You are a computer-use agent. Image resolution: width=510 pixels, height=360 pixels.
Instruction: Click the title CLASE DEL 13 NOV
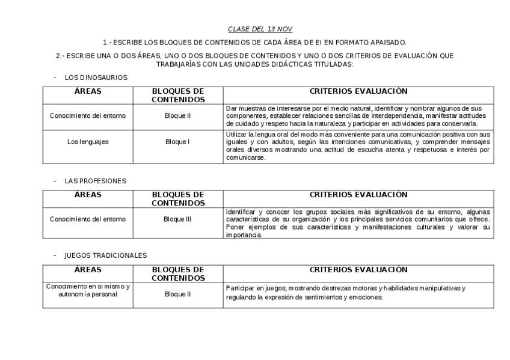tap(260, 29)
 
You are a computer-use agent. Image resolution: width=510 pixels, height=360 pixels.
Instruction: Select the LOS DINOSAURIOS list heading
tap(96, 78)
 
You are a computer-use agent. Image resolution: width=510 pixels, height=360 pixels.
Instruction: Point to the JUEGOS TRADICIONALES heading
tap(105, 255)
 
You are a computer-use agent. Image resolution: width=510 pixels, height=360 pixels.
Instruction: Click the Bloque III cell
tap(177, 219)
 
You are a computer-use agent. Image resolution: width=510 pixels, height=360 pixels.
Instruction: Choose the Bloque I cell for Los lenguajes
tap(177, 142)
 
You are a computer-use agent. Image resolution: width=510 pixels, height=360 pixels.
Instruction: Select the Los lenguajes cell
tap(88, 142)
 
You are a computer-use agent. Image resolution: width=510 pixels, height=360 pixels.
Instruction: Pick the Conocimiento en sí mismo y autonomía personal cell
tap(88, 290)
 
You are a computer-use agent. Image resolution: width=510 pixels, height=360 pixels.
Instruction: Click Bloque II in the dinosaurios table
tap(177, 115)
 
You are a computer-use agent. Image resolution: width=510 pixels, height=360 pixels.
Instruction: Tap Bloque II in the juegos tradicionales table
tap(177, 294)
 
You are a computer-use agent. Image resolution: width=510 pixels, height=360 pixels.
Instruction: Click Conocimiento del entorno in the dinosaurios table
tap(88, 115)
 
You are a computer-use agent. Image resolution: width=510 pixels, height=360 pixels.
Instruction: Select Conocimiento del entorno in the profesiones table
tap(88, 219)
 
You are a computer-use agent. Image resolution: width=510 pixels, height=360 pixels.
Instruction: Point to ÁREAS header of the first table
tap(88, 91)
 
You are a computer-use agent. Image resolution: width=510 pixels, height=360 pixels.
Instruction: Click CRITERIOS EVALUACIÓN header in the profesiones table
tap(358, 195)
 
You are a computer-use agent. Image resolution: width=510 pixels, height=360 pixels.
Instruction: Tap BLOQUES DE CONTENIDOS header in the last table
tap(177, 274)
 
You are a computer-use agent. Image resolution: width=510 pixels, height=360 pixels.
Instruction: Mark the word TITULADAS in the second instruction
tap(330, 64)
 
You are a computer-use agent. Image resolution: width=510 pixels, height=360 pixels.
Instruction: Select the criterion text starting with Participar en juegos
tap(345, 293)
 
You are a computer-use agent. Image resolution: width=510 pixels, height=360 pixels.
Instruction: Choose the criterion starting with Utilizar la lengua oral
tap(358, 146)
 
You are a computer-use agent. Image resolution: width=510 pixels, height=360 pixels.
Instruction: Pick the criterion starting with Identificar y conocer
tap(358, 223)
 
